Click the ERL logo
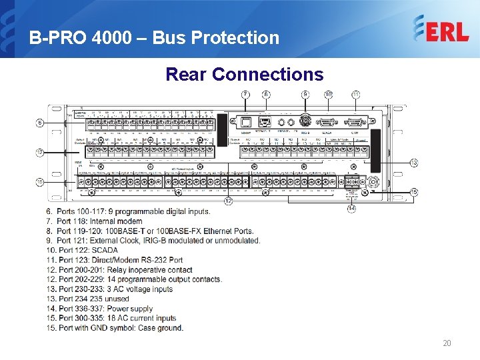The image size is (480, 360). coord(441,29)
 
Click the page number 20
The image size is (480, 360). coord(447,343)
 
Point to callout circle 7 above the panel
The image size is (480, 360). coord(245,95)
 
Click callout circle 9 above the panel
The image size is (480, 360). coord(305,95)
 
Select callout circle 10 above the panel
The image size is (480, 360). coord(329,95)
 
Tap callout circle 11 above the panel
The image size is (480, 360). coord(356,95)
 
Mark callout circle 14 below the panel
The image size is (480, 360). coord(351,209)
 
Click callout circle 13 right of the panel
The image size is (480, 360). coord(414,163)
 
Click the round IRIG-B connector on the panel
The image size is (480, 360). coord(306,123)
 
